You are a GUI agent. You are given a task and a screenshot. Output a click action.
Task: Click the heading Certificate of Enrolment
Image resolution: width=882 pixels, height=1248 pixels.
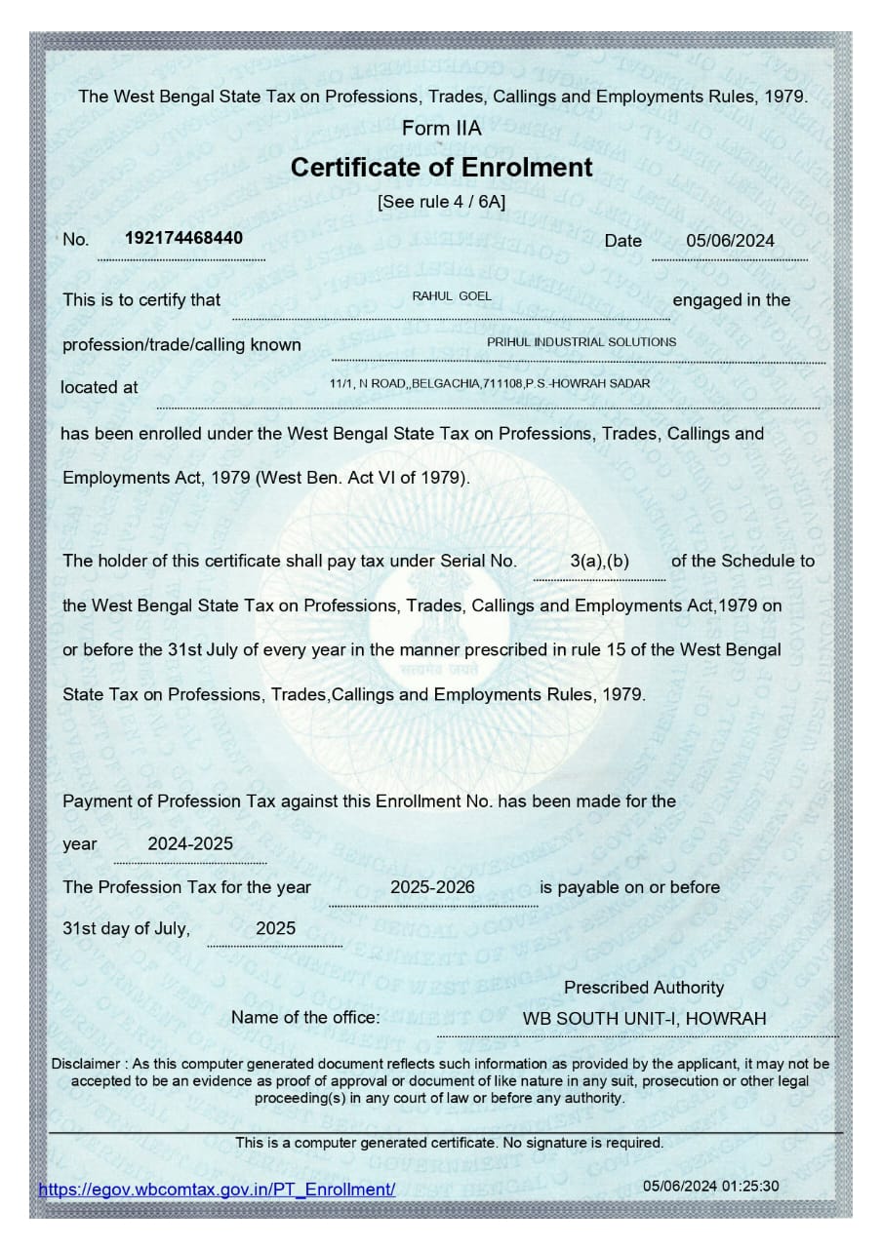[441, 168]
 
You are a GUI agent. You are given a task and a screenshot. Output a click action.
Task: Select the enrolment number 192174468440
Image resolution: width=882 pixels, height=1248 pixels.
[184, 238]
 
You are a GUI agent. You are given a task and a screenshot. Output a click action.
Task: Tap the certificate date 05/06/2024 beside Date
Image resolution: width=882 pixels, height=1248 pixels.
[730, 241]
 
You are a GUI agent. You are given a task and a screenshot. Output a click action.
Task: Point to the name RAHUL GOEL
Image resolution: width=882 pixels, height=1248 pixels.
[453, 296]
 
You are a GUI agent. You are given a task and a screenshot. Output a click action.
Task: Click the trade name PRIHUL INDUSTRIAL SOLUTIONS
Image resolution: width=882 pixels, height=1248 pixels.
[581, 342]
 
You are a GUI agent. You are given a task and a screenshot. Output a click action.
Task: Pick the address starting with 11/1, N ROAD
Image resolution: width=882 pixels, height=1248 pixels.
[490, 384]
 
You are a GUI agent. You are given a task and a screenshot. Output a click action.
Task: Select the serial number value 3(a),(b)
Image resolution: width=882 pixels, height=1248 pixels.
[599, 562]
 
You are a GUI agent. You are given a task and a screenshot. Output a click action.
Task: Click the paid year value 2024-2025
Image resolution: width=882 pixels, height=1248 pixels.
[190, 844]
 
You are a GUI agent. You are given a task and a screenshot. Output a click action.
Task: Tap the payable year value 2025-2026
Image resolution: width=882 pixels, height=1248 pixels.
[432, 887]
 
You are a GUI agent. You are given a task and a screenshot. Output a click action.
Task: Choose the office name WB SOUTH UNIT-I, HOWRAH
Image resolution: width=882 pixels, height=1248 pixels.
[644, 1019]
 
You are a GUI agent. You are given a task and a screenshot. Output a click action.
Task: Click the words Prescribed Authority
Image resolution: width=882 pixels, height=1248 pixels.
[644, 988]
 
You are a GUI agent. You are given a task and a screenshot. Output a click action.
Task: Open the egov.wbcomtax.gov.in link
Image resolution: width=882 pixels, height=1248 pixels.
[217, 1189]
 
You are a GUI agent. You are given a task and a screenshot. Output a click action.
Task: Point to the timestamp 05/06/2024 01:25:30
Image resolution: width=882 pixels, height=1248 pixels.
[711, 1187]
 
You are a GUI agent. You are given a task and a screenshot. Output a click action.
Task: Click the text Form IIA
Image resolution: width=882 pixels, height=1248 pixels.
[441, 129]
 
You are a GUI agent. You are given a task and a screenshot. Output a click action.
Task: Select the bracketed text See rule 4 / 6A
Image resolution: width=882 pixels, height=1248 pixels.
[441, 203]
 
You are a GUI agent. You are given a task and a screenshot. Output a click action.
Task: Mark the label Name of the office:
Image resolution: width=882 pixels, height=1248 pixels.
[305, 1018]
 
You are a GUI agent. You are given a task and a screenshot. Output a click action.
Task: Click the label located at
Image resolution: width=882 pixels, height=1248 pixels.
[100, 387]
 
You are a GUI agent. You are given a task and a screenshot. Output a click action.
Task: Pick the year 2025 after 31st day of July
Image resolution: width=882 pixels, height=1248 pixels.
[275, 929]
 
